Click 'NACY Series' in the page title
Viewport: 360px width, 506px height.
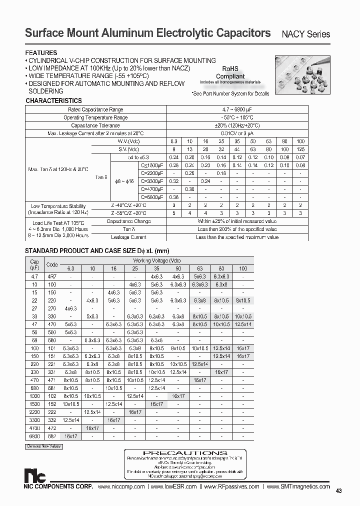click(306, 34)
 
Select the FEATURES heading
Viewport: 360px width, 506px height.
click(41, 52)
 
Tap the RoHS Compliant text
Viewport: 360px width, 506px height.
click(230, 73)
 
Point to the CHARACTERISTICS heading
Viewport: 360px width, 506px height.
click(53, 100)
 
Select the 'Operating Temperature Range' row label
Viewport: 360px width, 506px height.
click(95, 117)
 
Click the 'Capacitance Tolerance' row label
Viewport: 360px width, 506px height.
click(95, 125)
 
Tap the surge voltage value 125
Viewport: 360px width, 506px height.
click(300, 149)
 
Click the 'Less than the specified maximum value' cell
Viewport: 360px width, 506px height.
click(236, 237)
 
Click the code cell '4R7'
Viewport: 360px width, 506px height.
click(52, 276)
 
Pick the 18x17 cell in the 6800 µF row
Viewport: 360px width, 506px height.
click(70, 436)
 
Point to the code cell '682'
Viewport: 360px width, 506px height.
click(52, 436)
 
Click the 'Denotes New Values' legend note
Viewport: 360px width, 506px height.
click(43, 445)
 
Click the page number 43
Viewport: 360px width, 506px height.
click(338, 491)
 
